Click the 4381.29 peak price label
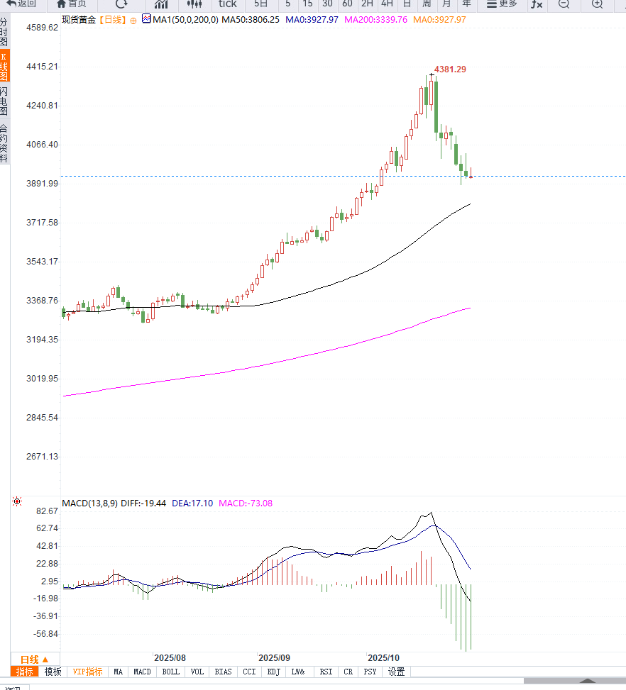pos(450,69)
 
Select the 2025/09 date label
pos(274,658)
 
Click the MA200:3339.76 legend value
pos(375,20)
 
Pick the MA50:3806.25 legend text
pos(250,20)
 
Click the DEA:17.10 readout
pos(192,503)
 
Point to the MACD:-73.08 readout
pos(246,503)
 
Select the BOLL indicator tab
pos(170,672)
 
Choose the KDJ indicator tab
pos(274,672)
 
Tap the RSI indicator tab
pos(326,672)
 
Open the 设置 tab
pos(396,672)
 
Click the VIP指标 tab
pos(87,672)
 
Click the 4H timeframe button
pos(387,4)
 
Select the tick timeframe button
pos(227,4)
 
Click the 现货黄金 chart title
pos(77,20)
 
